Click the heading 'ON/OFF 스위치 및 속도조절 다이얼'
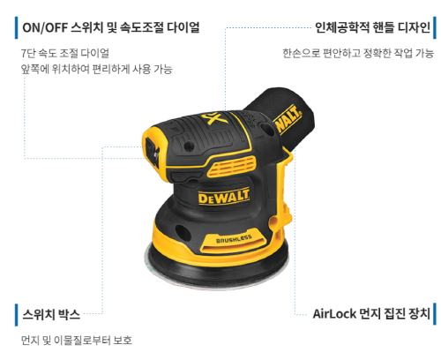[111, 27]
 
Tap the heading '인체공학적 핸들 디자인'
[372, 27]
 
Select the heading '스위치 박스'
[51, 314]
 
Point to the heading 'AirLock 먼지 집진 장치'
[371, 314]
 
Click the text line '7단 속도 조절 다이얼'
[65, 53]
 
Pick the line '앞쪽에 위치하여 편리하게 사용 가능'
[96, 69]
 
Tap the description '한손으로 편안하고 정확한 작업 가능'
[358, 53]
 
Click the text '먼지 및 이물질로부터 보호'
[77, 341]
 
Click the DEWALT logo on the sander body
[224, 196]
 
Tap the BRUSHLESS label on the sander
[234, 240]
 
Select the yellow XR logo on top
[214, 117]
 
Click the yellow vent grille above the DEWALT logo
[231, 167]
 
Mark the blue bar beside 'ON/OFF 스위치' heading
[17, 27]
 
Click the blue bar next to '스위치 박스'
[17, 315]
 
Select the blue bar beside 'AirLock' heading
[435, 314]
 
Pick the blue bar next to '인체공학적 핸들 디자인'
[435, 27]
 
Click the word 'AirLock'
[334, 314]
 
